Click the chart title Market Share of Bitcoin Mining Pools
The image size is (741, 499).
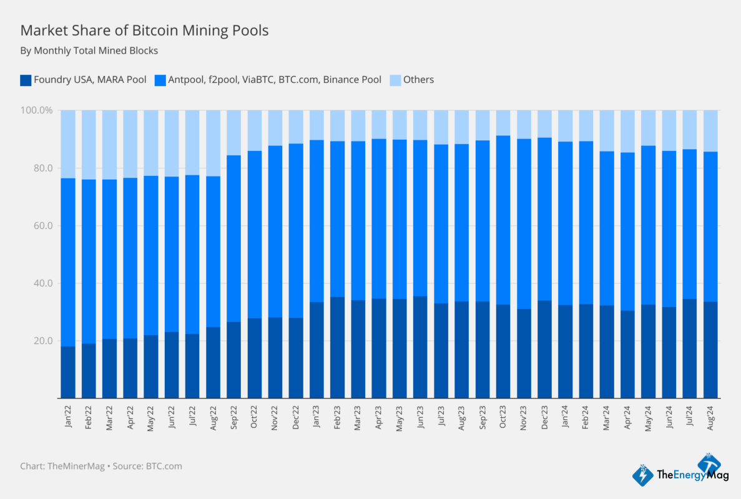[x=144, y=30]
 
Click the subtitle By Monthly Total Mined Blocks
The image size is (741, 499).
[x=89, y=51]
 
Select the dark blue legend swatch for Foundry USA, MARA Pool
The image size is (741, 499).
[x=26, y=80]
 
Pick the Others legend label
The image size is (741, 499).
[x=418, y=80]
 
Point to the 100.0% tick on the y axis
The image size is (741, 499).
[x=37, y=110]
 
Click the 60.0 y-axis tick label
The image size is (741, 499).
[x=42, y=226]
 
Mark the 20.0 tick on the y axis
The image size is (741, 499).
[x=42, y=341]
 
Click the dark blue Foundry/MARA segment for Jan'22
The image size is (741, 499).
[x=68, y=372]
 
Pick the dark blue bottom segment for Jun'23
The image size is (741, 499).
[x=420, y=347]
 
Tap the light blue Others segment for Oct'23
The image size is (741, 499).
[x=503, y=123]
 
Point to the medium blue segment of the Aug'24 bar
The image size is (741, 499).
[x=710, y=227]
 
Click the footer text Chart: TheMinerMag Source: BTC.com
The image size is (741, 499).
[x=101, y=466]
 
